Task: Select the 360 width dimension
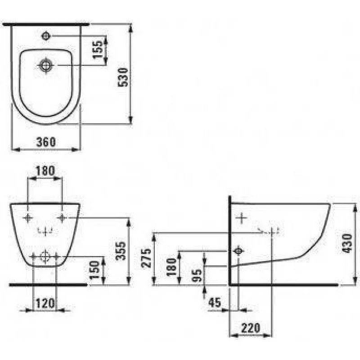(45, 142)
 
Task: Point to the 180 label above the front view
(45, 171)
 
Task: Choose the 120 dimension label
(45, 303)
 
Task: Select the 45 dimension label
(215, 303)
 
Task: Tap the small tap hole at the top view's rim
(46, 35)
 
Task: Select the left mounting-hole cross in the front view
(28, 218)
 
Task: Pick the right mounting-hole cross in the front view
(62, 218)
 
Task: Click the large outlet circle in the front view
(45, 257)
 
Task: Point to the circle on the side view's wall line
(238, 251)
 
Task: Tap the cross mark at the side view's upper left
(242, 218)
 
